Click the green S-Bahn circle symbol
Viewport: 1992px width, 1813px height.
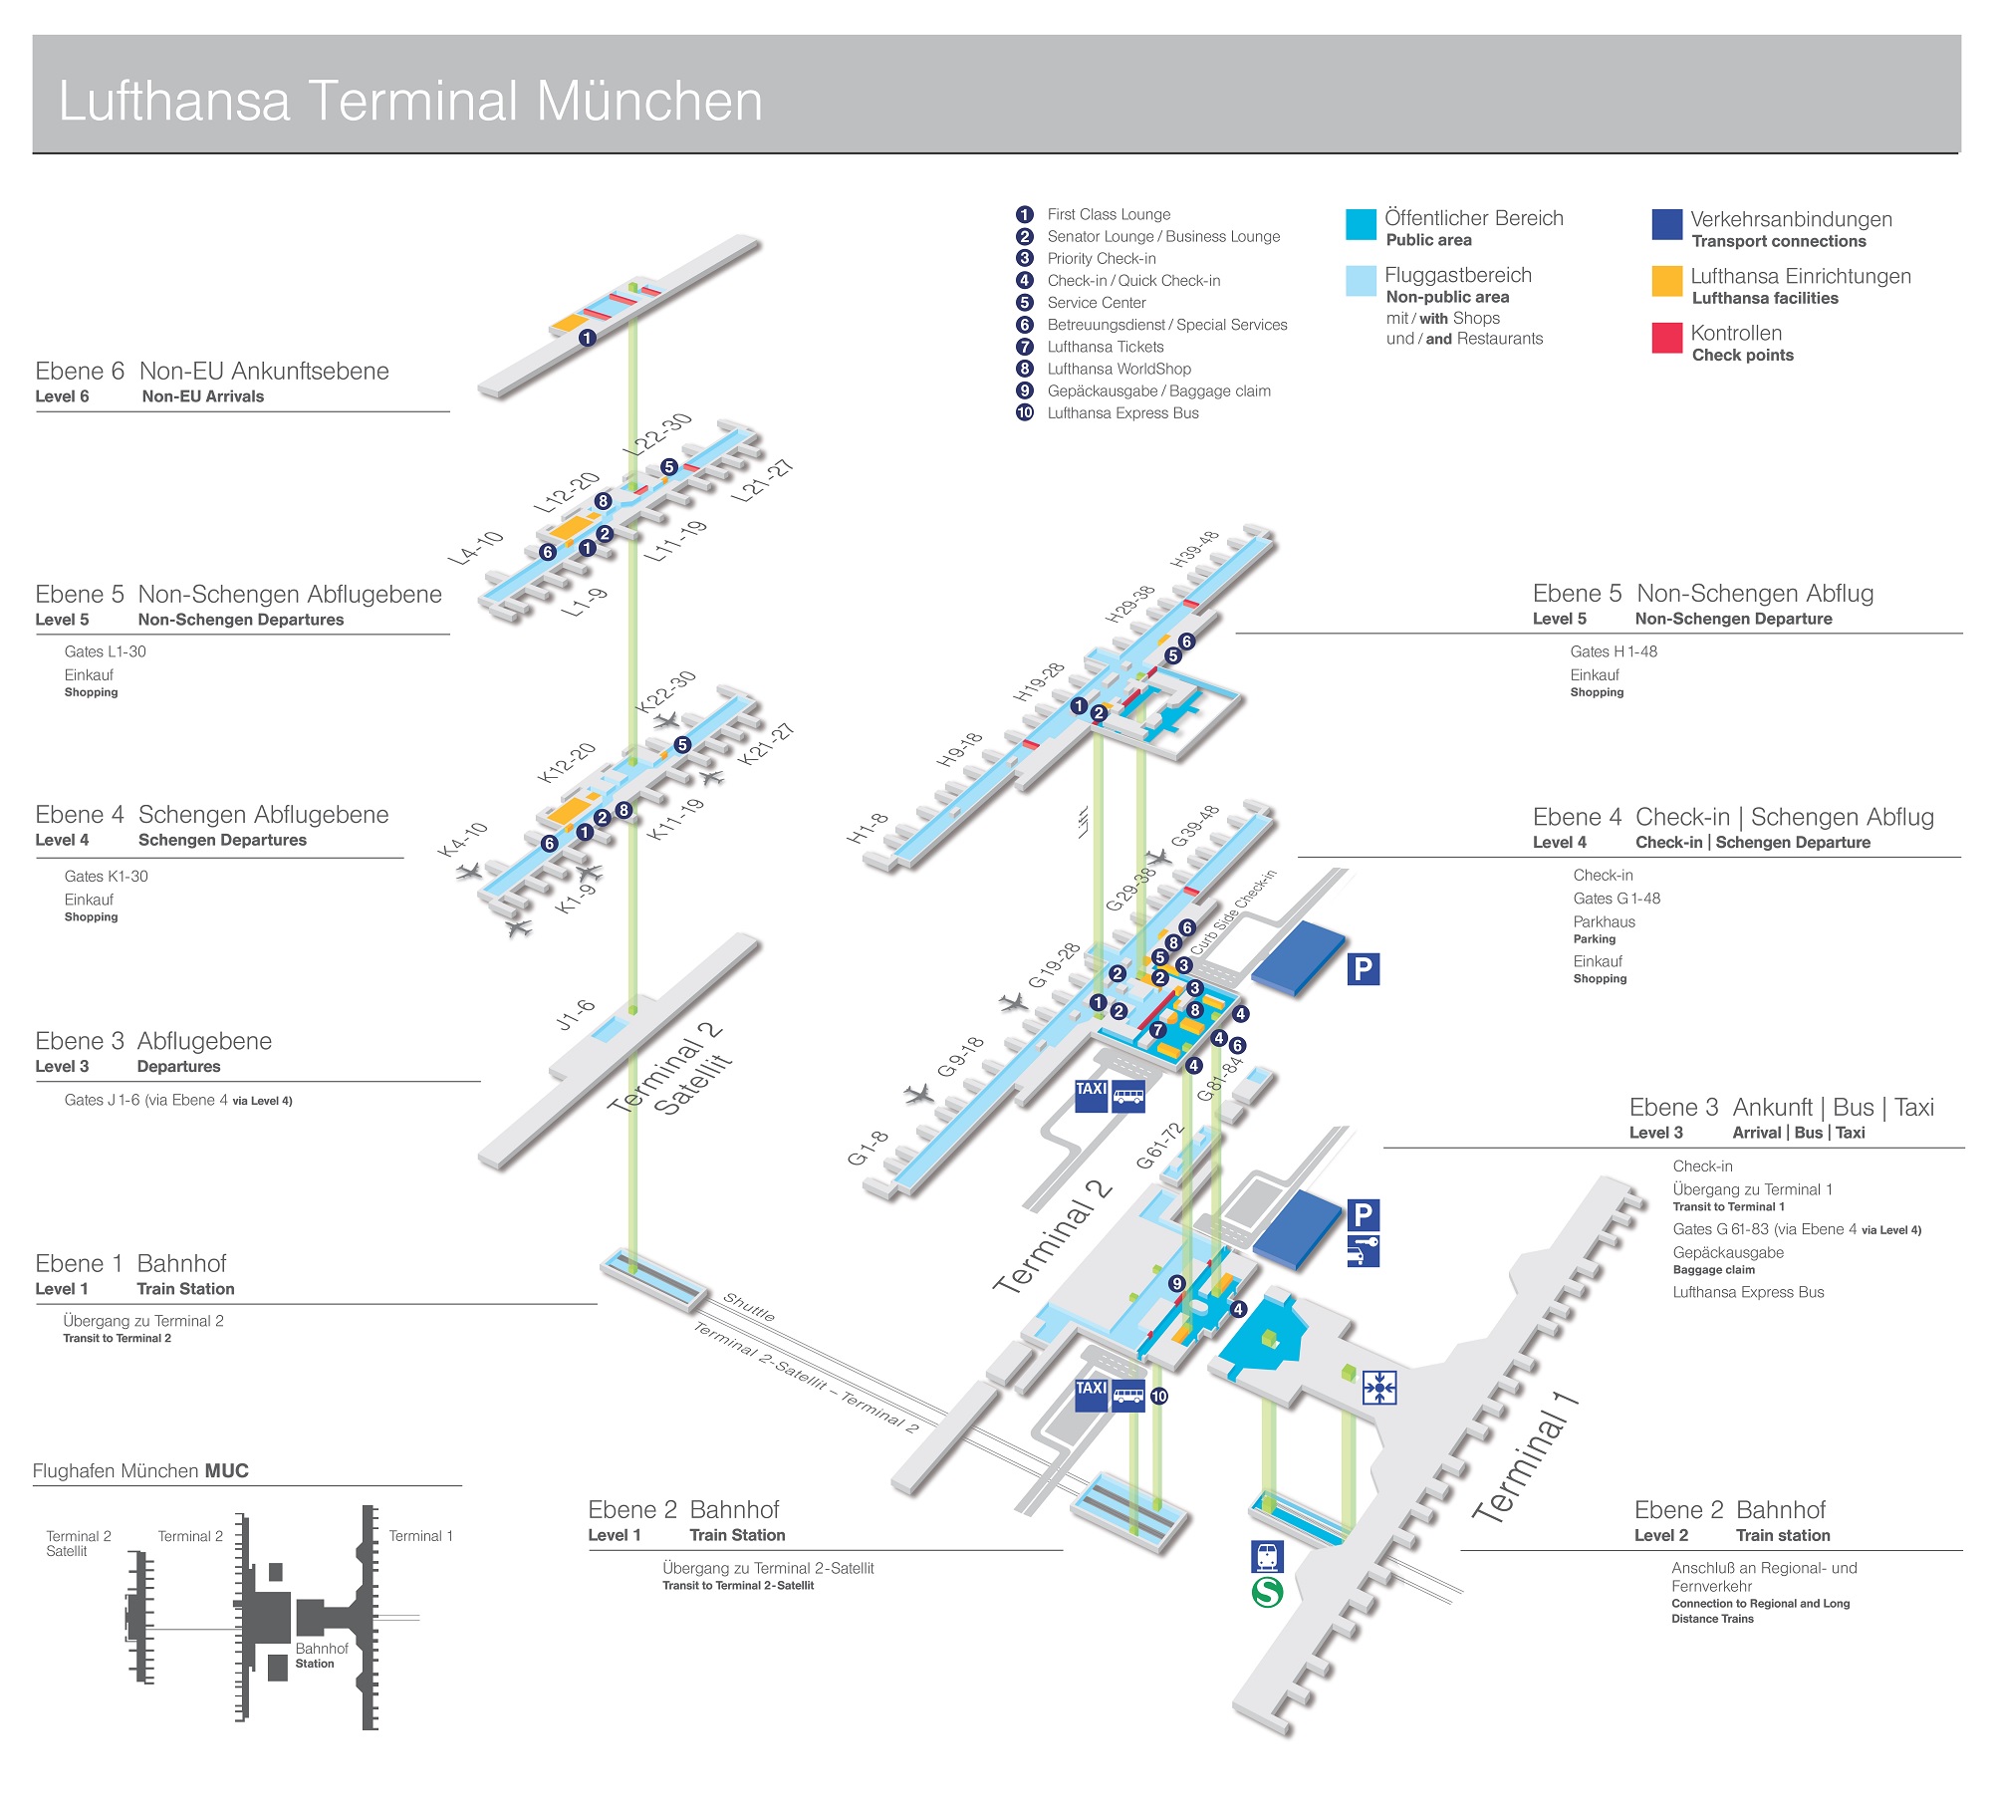coord(1267,1591)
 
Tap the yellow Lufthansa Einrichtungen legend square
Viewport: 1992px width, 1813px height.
coord(1666,281)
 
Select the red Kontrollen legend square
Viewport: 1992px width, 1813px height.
coord(1666,338)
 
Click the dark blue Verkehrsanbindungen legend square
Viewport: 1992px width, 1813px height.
coord(1666,224)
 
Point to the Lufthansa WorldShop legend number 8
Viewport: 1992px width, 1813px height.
coord(1024,369)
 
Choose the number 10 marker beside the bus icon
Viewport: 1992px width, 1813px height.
coord(1159,1396)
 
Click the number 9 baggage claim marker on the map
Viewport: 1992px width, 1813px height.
coord(1176,1283)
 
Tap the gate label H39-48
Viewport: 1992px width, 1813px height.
coord(1194,549)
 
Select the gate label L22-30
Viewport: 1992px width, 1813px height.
coord(657,434)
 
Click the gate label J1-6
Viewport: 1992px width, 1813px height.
coord(575,1014)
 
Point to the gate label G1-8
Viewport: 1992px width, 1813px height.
coord(868,1148)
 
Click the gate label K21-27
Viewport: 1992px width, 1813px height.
coord(765,744)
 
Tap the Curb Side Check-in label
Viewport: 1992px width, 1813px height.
coord(1233,911)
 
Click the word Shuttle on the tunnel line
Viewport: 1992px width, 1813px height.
coord(749,1306)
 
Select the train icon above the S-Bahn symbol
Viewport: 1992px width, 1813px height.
coord(1267,1555)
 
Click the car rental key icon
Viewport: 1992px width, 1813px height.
coord(1363,1250)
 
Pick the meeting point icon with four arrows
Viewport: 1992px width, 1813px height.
coord(1379,1387)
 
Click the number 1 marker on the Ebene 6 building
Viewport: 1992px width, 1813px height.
coord(588,338)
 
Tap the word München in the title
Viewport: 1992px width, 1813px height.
coord(649,101)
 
